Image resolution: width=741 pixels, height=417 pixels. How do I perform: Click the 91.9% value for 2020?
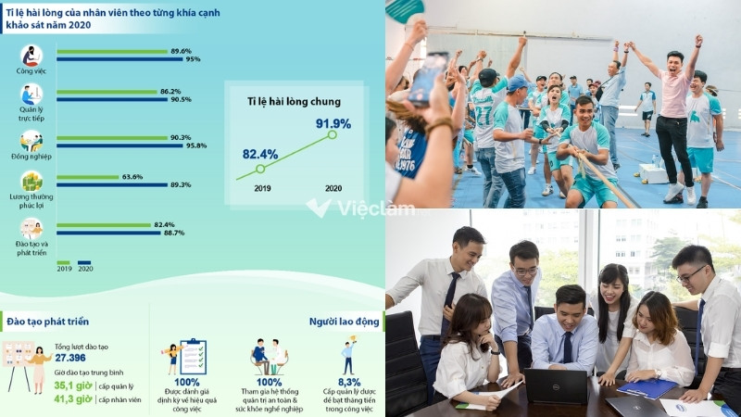coord(333,123)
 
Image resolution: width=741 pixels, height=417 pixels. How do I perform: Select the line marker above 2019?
coord(260,169)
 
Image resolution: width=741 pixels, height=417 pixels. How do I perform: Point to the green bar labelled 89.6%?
coord(110,51)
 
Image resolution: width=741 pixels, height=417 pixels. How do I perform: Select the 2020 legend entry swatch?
coord(83,262)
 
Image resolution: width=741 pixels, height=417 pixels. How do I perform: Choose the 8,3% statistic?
coord(349,382)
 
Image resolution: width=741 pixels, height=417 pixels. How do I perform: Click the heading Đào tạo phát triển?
coord(48,321)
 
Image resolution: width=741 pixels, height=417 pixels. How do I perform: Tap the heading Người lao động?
coord(345,321)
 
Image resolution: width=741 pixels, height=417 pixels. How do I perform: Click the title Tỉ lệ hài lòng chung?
coord(294,101)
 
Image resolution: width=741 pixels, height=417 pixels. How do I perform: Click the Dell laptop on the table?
coord(557,385)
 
